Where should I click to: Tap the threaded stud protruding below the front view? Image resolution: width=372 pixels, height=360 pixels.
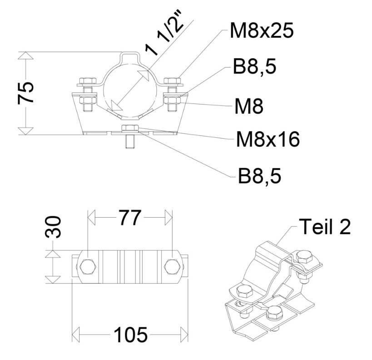click(x=129, y=142)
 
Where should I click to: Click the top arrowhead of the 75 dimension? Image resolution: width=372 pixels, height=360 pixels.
click(x=27, y=56)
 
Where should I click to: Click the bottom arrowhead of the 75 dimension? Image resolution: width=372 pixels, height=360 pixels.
click(x=27, y=131)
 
